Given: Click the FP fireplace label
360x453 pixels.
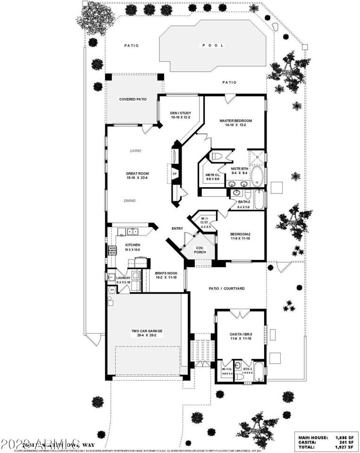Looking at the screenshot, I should click(x=174, y=174).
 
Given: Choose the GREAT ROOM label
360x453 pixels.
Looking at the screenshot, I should click(x=137, y=174).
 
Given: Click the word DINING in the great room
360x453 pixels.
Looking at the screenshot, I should click(x=129, y=201).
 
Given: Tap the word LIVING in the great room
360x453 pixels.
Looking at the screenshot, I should click(x=136, y=151).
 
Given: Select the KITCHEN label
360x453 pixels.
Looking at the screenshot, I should click(x=133, y=245).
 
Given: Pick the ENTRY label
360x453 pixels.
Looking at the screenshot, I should click(x=177, y=229).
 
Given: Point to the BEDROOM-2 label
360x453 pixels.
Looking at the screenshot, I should click(x=240, y=235).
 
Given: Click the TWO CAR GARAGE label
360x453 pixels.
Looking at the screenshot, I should click(x=147, y=331).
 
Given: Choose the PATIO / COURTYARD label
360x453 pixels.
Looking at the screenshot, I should click(x=226, y=288).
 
